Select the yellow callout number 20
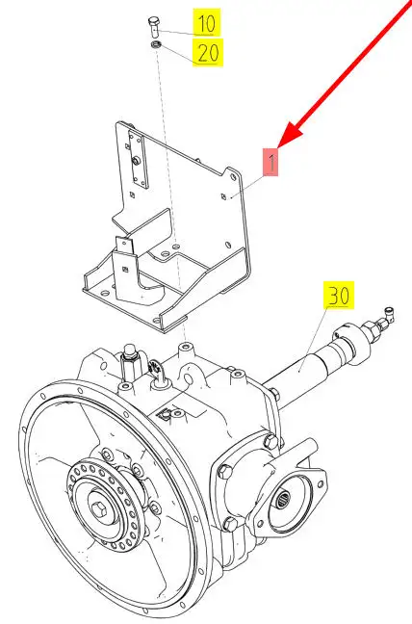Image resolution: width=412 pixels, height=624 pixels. [x=208, y=52]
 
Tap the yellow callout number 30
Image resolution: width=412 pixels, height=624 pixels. [x=339, y=296]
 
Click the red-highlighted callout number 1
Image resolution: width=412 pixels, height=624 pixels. [x=270, y=163]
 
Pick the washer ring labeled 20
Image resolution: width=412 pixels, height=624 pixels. [x=156, y=44]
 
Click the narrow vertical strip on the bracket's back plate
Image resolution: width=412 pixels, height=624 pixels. [x=138, y=160]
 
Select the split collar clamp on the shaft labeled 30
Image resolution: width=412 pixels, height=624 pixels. [x=350, y=342]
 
